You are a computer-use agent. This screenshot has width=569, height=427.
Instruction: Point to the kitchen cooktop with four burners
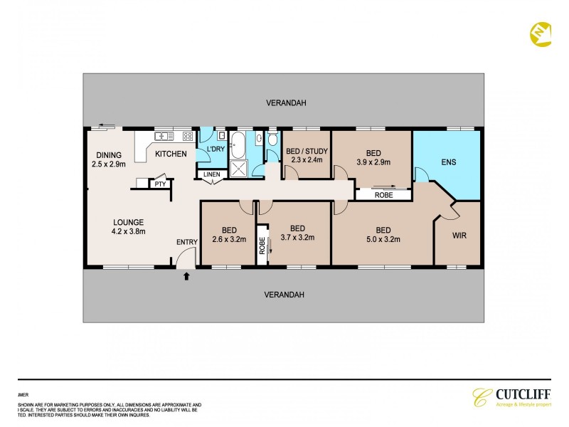tap(188, 135)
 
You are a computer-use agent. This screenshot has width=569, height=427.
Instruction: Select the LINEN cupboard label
tap(212, 174)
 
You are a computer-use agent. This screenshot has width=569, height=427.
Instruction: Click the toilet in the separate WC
tap(259, 139)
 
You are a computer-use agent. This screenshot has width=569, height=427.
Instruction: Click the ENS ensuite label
tap(448, 162)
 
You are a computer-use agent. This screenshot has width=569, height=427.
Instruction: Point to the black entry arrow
tap(186, 276)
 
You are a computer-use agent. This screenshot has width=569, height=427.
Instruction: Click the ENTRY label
tap(186, 243)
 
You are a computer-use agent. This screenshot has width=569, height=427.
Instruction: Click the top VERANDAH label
tap(286, 103)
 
